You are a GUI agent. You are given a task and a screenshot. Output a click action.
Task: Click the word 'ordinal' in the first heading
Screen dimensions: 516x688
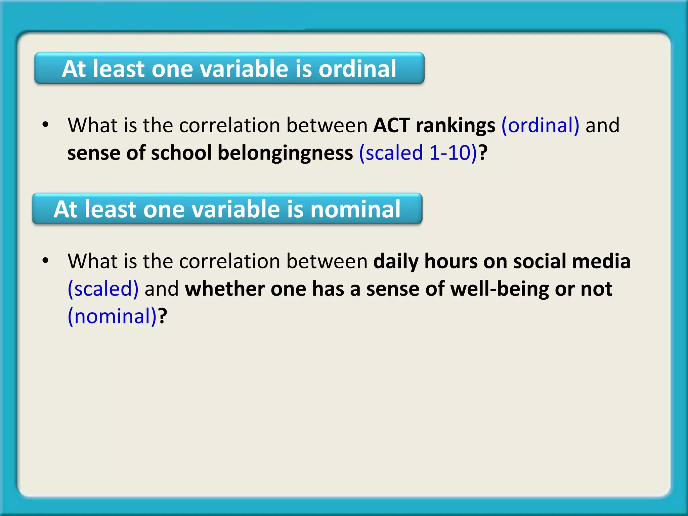[357, 69]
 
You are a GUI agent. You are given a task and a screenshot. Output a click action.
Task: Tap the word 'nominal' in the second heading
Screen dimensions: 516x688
[355, 209]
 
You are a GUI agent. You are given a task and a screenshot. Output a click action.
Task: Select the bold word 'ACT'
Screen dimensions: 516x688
[392, 125]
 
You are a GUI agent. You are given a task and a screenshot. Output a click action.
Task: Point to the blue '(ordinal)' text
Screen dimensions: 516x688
[540, 125]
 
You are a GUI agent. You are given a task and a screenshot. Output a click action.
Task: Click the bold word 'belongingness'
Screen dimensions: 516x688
[285, 153]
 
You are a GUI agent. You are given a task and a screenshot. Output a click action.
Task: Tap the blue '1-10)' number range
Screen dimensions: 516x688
[453, 153]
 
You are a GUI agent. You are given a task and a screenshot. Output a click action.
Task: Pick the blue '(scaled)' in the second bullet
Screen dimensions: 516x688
[103, 289]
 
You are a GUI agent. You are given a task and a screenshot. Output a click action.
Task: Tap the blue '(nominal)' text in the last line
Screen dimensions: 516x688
[112, 316]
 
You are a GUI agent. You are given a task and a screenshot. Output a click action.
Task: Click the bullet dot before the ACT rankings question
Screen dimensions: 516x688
[45, 125]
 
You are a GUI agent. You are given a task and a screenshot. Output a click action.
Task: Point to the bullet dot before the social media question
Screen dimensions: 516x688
[45, 261]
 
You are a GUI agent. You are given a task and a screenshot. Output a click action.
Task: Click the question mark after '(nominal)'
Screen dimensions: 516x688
[163, 316]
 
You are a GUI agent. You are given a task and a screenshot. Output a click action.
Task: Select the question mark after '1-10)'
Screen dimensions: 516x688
[483, 153]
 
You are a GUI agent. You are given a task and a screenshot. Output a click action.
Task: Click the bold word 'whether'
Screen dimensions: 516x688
[225, 289]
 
